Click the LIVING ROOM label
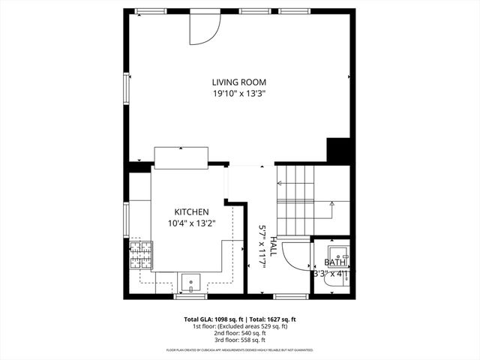click(239, 82)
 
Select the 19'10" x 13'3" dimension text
click(239, 94)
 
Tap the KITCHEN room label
click(192, 212)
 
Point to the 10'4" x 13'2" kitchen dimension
click(192, 223)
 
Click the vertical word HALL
click(274, 247)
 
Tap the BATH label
click(335, 262)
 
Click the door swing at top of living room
click(203, 28)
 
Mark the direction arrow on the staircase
click(331, 203)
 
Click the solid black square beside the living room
click(339, 150)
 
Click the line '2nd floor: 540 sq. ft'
click(240, 333)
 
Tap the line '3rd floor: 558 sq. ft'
click(240, 340)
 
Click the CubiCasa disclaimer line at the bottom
click(240, 350)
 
